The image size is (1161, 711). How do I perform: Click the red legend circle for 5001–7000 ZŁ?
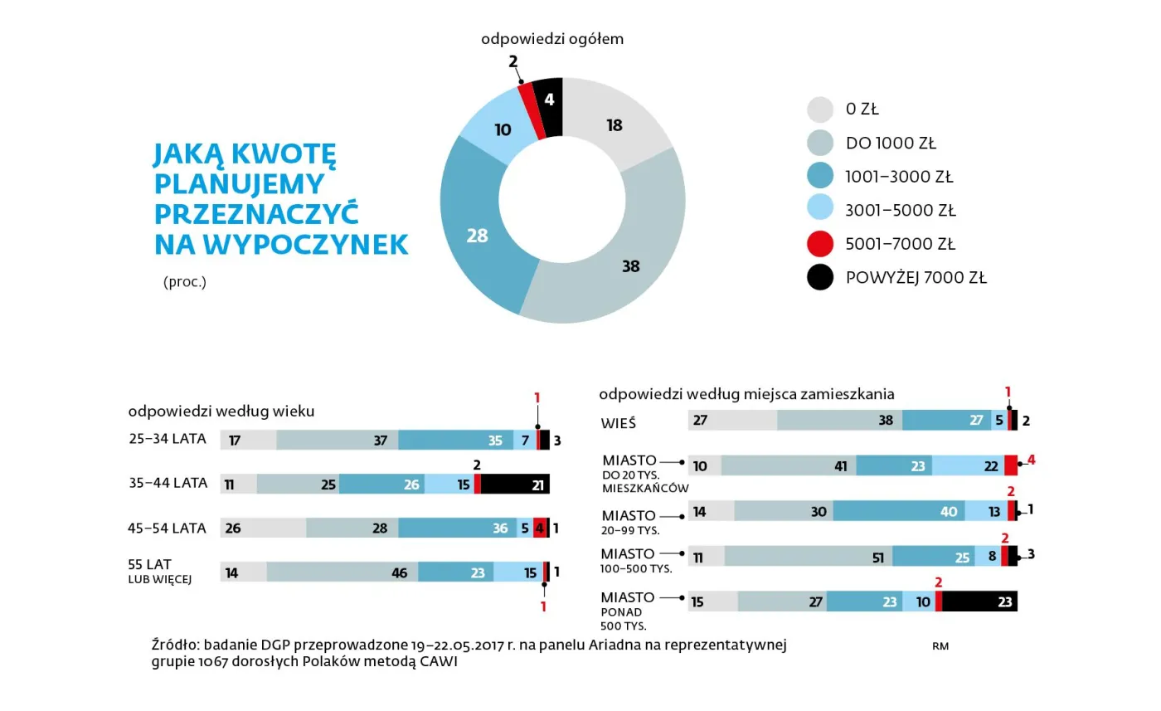[819, 244]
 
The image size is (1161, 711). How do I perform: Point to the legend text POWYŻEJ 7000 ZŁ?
[916, 278]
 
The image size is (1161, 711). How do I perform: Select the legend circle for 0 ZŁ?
[819, 109]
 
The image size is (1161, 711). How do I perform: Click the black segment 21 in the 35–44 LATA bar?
[515, 485]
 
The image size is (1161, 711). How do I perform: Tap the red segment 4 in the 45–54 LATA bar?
[539, 528]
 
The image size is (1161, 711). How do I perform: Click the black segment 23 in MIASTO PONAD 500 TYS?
[979, 601]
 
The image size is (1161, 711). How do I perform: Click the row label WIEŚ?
[619, 423]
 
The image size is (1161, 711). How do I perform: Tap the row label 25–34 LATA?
[167, 440]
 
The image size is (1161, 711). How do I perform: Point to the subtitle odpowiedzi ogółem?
[551, 39]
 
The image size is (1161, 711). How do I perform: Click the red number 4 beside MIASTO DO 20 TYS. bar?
[1031, 460]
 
